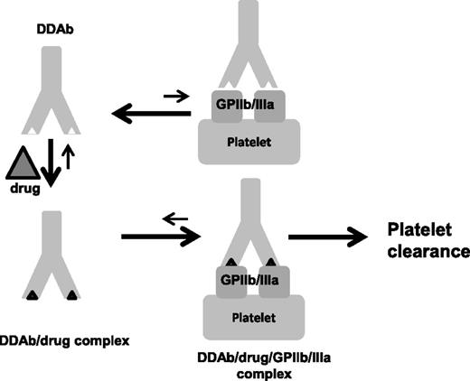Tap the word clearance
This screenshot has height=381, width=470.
420,250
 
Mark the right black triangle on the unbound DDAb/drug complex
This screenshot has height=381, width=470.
72,295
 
